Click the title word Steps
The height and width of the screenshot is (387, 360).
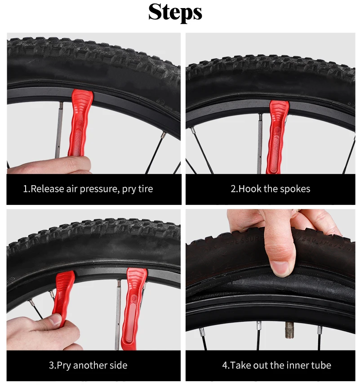[175, 12]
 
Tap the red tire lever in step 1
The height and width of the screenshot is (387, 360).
[80, 126]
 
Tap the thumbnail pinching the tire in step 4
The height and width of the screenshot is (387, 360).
[280, 268]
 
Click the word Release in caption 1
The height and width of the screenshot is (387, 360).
[48, 189]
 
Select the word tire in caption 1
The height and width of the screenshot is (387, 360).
[145, 189]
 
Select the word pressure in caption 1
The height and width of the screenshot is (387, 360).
[102, 189]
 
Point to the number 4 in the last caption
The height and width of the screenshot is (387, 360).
[225, 365]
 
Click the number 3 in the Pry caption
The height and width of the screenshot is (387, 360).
[51, 365]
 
